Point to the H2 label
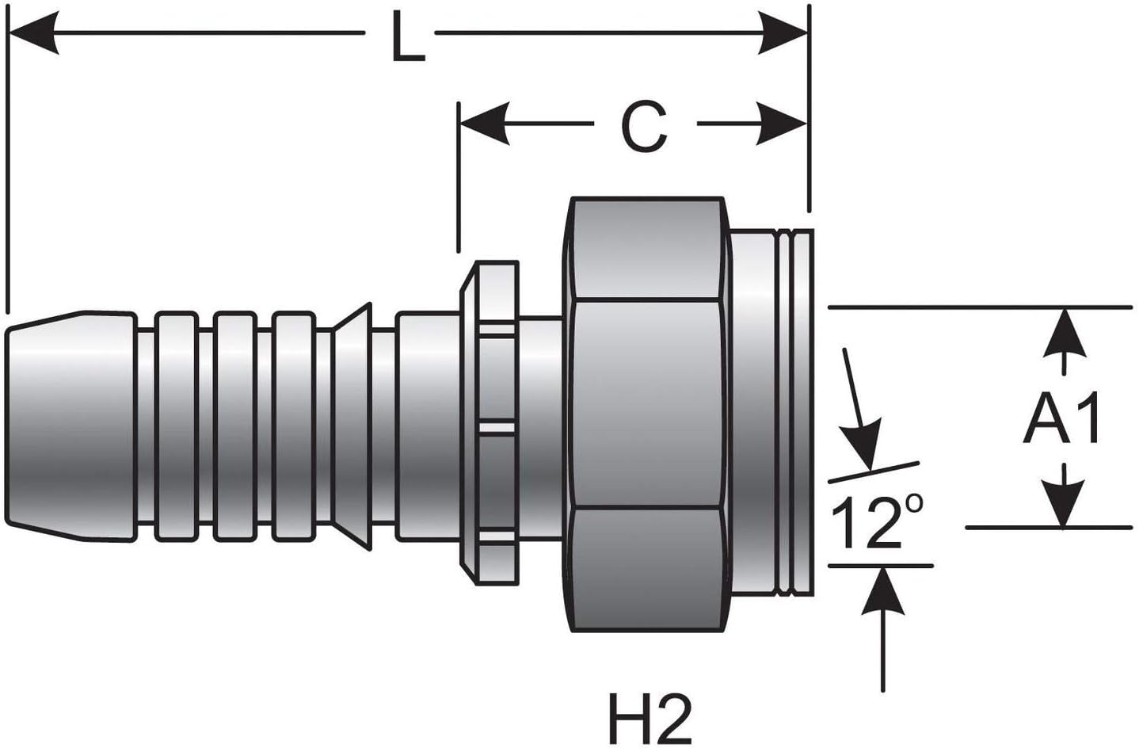tap(649, 717)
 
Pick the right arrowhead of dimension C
tap(781, 124)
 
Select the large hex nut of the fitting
tap(646, 412)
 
